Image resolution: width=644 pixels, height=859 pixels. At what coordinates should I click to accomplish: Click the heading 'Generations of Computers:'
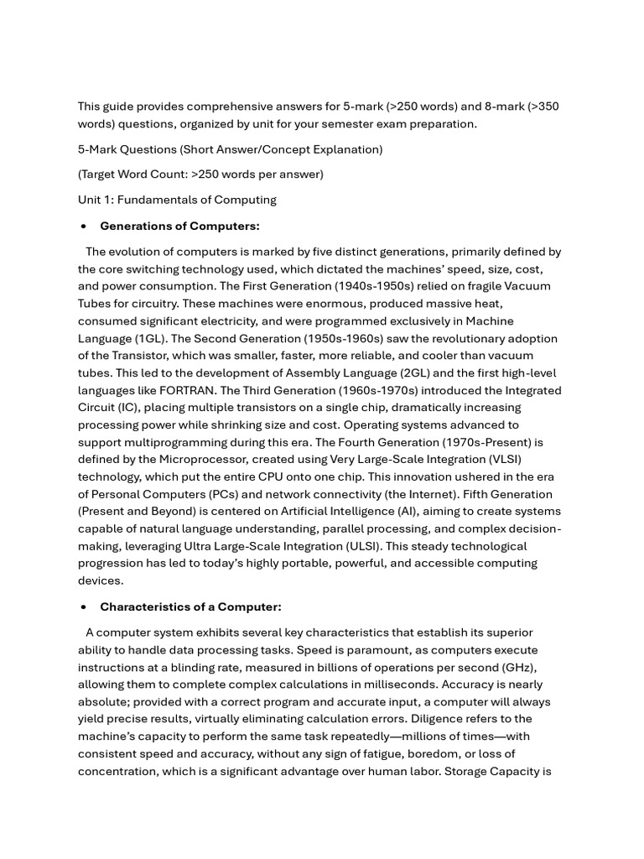[179, 226]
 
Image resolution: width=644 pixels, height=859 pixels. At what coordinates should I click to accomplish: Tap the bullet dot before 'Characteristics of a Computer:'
[83, 607]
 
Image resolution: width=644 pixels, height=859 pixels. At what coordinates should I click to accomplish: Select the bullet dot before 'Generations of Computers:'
[83, 226]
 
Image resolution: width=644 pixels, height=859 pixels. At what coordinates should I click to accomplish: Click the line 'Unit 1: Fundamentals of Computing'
[177, 200]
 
